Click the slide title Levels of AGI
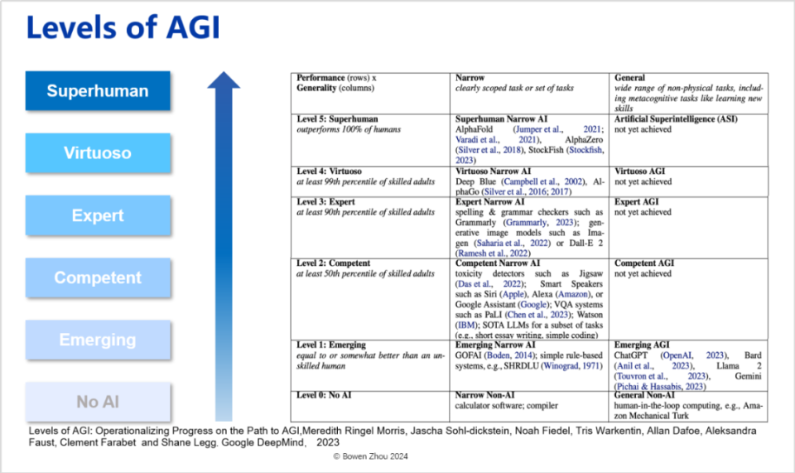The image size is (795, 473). pos(123,28)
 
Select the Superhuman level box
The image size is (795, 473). pos(98,91)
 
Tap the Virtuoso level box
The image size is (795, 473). pos(98,153)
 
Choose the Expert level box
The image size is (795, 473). pos(98,215)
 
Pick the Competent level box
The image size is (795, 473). pos(98,278)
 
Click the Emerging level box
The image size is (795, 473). pos(98,340)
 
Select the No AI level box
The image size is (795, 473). pos(98,402)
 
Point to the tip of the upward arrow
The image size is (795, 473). pos(224,75)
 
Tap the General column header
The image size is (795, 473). pos(630,78)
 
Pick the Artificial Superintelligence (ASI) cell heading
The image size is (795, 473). pos(676,118)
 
